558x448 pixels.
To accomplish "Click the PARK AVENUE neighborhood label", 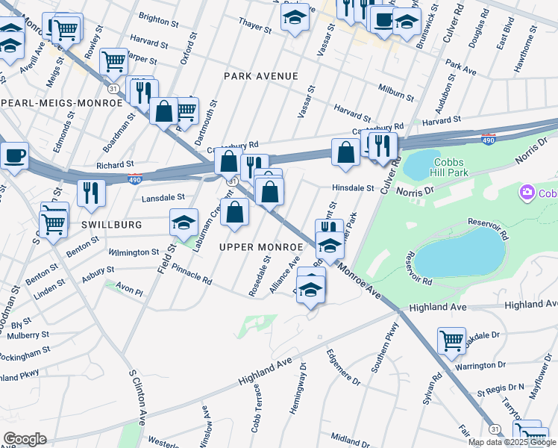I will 261,76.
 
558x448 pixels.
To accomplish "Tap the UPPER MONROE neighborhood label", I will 260,246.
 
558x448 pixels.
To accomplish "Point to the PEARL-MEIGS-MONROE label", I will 61,102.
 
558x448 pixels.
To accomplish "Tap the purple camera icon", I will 527,194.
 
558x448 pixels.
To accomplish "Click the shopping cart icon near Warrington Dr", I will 451,340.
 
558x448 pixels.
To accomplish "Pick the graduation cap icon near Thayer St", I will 295,16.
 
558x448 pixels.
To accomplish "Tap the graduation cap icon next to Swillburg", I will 184,221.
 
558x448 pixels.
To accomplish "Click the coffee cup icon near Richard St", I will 14,155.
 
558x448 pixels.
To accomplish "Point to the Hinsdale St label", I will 353,188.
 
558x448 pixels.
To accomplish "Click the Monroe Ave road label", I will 359,281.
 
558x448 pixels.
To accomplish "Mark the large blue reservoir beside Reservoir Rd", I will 460,252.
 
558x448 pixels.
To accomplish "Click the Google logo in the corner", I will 24,439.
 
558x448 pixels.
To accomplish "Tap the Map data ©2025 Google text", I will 512,442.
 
